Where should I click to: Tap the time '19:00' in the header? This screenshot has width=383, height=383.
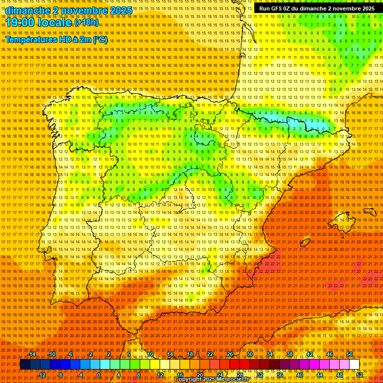click(21, 22)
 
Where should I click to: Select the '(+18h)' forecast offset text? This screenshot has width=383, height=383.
click(86, 22)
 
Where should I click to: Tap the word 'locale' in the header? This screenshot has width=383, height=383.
click(56, 22)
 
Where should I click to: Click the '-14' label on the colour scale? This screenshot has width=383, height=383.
click(32, 354)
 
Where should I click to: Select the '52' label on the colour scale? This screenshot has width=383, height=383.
click(360, 375)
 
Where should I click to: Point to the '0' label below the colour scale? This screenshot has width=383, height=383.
click(99, 375)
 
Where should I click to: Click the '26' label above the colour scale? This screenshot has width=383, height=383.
click(230, 354)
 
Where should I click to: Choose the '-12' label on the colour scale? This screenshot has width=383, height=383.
click(42, 375)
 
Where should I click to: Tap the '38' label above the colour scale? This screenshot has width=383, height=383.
click(289, 354)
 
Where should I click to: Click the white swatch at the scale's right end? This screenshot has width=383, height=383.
click(354, 365)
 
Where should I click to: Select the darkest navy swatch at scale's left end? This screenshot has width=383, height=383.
click(25, 365)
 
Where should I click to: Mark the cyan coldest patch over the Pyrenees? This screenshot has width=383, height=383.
click(299, 121)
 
